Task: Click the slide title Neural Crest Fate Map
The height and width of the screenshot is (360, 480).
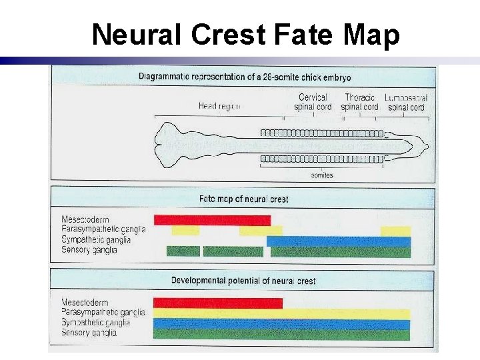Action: [x=245, y=35]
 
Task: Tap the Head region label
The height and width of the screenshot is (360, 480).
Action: [x=218, y=106]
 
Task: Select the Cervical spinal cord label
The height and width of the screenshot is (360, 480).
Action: [x=313, y=102]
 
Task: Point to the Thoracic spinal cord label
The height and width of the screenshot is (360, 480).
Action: [x=359, y=102]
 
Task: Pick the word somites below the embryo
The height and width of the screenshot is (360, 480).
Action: [x=322, y=175]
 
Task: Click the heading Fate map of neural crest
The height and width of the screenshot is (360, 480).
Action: [x=243, y=199]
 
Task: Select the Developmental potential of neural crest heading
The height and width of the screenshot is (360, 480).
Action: [x=243, y=281]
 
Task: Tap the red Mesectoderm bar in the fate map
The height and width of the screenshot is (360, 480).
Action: [x=212, y=220]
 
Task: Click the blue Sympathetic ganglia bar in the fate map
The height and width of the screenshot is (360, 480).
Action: [x=339, y=241]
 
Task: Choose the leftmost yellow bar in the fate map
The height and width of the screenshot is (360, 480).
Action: [x=185, y=231]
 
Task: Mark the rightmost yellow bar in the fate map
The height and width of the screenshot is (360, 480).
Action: [x=395, y=231]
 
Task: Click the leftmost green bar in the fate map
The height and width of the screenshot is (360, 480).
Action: [x=183, y=251]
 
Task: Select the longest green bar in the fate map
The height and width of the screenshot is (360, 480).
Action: [x=340, y=252]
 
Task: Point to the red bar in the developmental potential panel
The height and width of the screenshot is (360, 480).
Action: [x=217, y=303]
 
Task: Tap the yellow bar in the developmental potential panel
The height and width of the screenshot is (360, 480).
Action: [x=281, y=313]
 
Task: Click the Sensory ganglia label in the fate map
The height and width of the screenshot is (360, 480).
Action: [x=89, y=250]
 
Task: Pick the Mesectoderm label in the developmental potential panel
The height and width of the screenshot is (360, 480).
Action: [x=85, y=302]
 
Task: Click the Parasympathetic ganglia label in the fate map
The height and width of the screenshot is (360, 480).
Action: [x=103, y=230]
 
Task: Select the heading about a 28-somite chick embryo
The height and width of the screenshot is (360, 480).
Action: [x=245, y=77]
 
